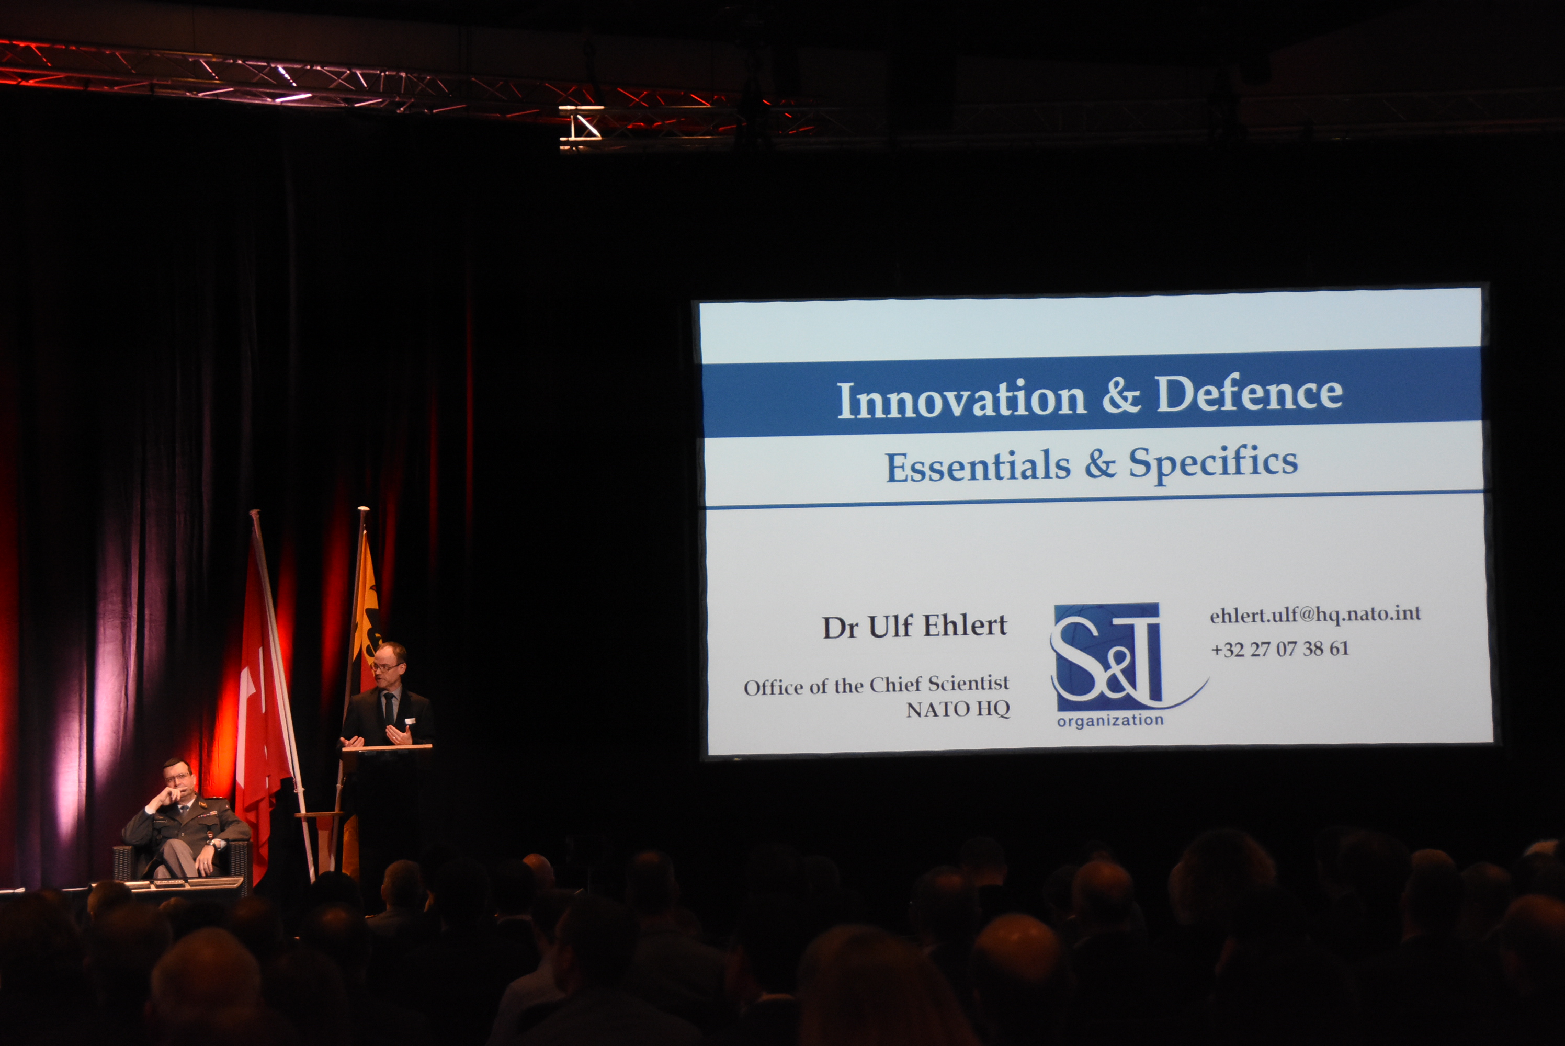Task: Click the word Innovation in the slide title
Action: coord(961,400)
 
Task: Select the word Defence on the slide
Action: coord(1249,393)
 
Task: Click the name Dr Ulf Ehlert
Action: coord(915,627)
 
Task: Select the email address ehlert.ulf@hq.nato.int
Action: coord(1315,613)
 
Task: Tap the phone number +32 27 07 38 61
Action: coord(1279,649)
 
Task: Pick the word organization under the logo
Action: coord(1110,721)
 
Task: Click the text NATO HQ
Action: coord(957,709)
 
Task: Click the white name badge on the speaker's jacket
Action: coord(410,721)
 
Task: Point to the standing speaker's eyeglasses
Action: coord(386,666)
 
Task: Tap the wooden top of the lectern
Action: coord(387,748)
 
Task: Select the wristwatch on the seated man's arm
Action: coord(211,845)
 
